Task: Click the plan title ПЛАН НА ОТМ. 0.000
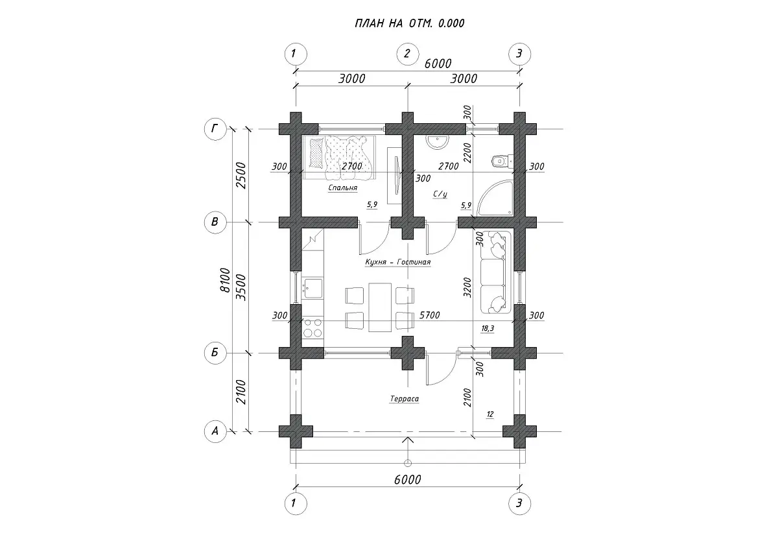click(410, 23)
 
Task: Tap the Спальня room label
click(343, 188)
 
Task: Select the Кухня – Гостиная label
click(398, 262)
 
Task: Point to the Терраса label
click(405, 398)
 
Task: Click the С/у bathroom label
click(440, 194)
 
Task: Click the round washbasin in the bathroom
click(438, 141)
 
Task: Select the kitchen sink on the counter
click(312, 288)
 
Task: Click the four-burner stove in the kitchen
click(312, 328)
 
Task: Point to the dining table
click(380, 307)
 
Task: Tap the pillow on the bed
click(316, 152)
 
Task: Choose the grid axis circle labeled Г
click(215, 129)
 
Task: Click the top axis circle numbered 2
click(408, 54)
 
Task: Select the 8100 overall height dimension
click(226, 280)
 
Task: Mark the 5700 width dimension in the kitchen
click(430, 315)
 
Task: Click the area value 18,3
click(488, 329)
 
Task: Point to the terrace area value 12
click(490, 414)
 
